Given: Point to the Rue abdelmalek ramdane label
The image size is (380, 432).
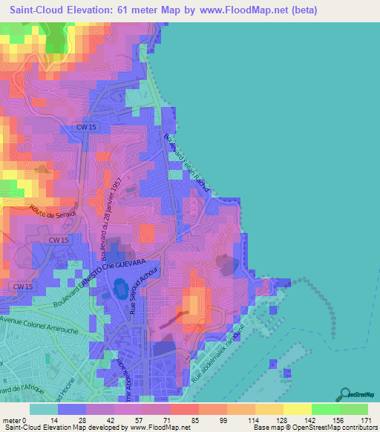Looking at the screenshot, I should coord(220,354).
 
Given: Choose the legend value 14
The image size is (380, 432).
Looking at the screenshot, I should coord(53,420).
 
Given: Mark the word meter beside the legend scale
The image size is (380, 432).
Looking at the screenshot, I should coord(12,420).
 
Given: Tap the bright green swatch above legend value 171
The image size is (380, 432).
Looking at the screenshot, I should coord(355,409).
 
